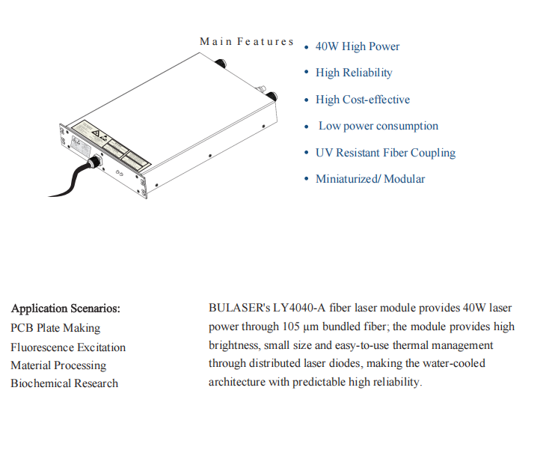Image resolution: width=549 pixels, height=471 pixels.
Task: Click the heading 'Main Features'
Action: point(247,41)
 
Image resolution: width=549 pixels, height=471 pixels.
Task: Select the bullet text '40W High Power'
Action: point(357,46)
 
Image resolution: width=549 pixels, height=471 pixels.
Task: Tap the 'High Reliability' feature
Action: point(353,73)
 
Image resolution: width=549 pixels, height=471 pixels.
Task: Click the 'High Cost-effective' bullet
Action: point(362,100)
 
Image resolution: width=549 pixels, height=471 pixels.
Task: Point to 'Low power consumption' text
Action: point(378,126)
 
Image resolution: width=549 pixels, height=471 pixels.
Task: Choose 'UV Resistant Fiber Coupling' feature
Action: point(384,153)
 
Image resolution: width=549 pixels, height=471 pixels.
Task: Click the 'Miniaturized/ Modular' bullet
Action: point(369,179)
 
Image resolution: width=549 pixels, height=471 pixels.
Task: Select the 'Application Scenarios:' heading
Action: point(66,309)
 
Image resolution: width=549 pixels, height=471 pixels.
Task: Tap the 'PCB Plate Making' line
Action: point(55,328)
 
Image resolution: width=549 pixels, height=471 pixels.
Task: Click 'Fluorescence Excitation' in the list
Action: point(68,347)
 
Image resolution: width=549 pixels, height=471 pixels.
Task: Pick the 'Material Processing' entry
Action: point(58,365)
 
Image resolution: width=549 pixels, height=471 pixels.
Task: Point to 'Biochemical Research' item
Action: point(64,383)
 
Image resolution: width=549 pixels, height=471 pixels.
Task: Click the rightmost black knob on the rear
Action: point(272,96)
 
